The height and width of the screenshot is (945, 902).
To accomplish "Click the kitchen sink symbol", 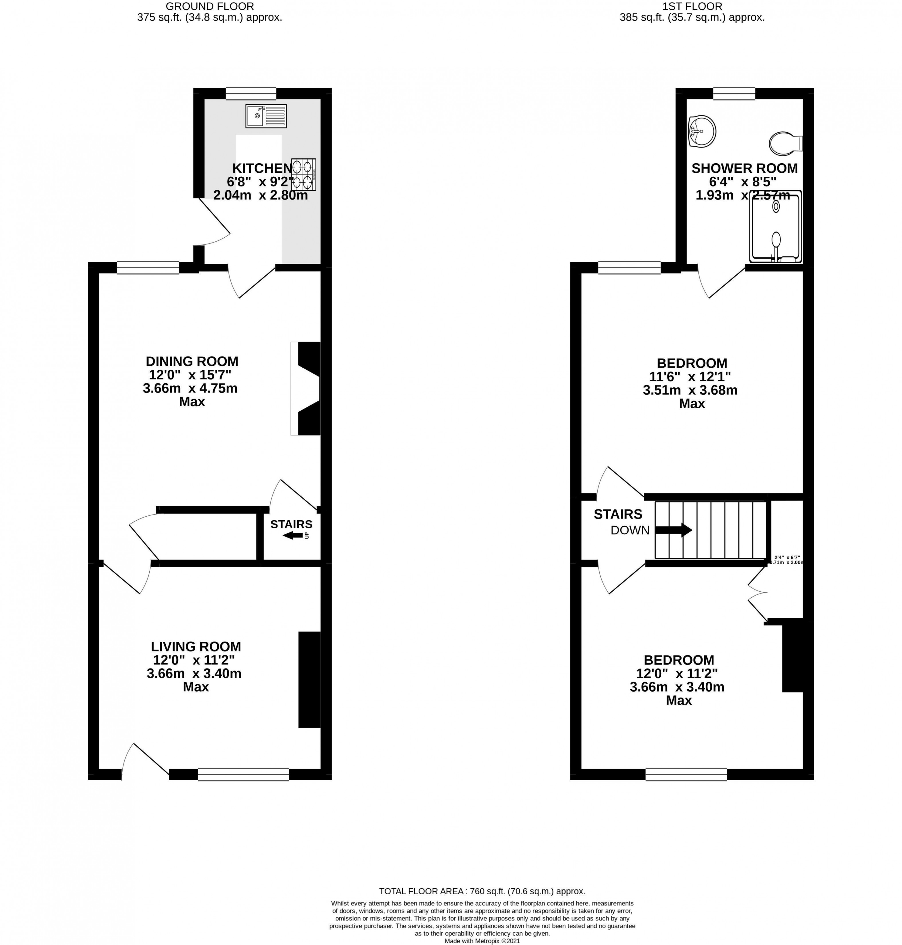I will click(266, 116).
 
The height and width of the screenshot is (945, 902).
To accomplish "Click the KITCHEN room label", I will click(262, 168).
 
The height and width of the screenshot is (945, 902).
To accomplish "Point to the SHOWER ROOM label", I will click(744, 168).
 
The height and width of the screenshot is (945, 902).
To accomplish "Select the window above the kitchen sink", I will click(251, 93).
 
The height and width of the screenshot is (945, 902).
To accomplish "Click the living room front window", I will click(243, 774).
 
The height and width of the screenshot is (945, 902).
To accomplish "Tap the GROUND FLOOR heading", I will click(210, 6).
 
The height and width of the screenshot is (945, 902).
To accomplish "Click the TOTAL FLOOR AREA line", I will click(482, 891).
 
